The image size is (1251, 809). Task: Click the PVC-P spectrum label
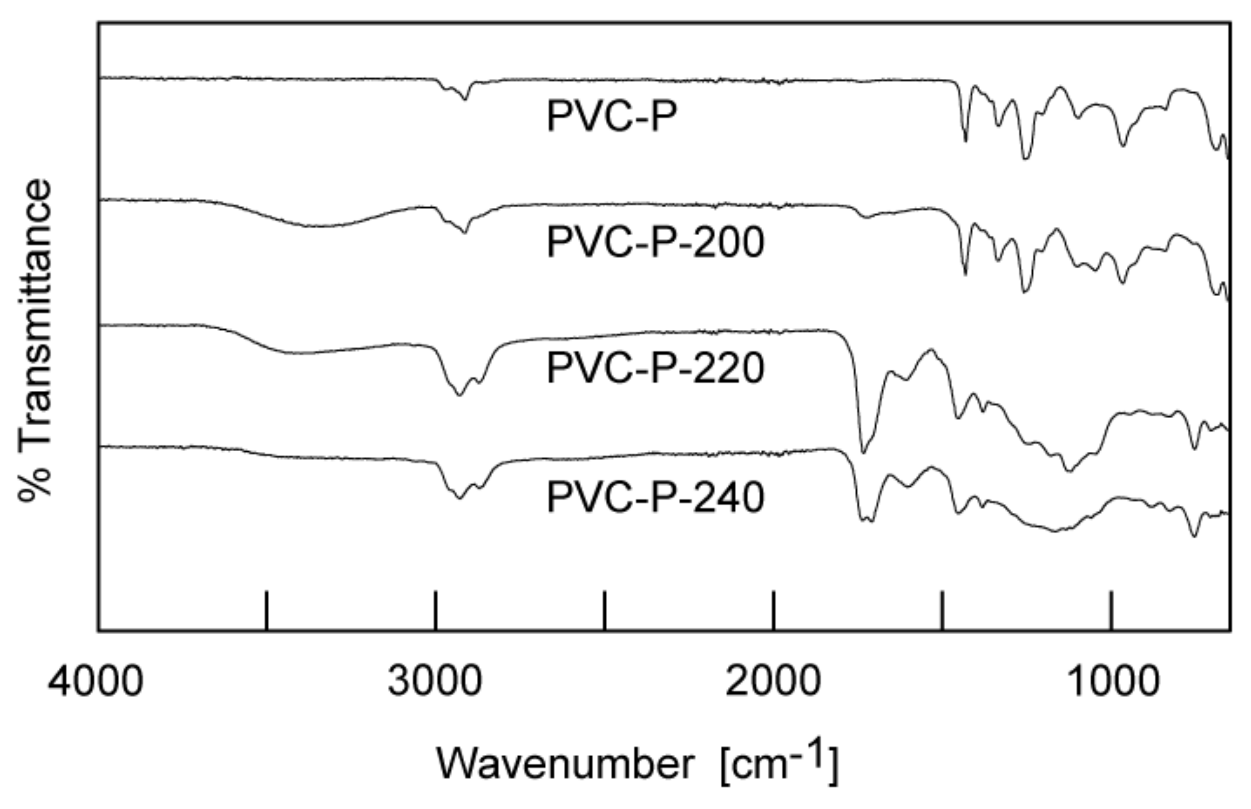tap(612, 116)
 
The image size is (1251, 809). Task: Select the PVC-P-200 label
tap(655, 243)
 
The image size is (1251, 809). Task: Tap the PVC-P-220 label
tap(655, 368)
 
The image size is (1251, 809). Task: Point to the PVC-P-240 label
tap(655, 498)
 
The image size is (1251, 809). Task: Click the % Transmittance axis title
tap(36, 340)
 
